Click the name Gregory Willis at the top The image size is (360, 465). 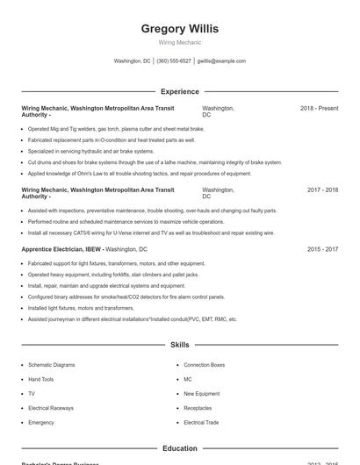click(179, 29)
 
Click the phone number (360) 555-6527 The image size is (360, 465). click(174, 61)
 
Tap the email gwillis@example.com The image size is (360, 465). click(221, 61)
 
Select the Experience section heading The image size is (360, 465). click(179, 91)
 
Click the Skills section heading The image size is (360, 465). click(179, 345)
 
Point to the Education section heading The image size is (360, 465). click(179, 448)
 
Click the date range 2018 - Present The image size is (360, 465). click(319, 108)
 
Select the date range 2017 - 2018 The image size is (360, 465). click(322, 190)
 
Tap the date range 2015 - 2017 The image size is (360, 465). click(322, 249)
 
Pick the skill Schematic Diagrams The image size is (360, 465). click(52, 365)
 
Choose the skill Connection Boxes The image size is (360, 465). click(204, 365)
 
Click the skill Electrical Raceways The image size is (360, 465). click(51, 408)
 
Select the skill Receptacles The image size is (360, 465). click(198, 408)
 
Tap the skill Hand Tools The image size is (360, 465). click(40, 379)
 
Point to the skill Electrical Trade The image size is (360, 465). click(201, 422)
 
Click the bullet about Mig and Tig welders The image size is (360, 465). click(115, 129)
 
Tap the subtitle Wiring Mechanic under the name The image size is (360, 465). click(179, 42)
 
